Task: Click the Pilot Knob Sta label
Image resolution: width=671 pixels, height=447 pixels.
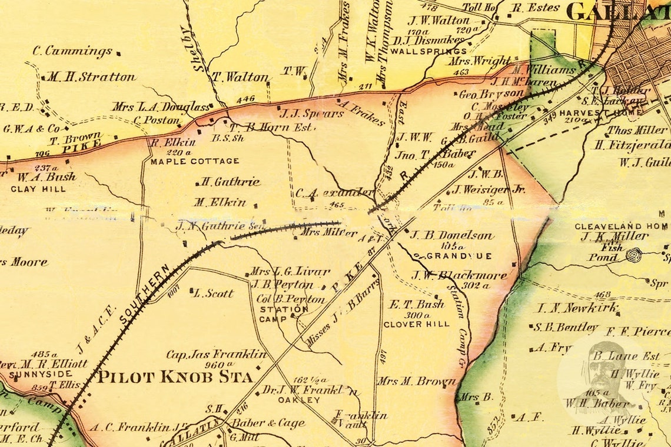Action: pyautogui.click(x=175, y=376)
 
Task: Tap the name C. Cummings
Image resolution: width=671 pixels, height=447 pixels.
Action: pyautogui.click(x=72, y=51)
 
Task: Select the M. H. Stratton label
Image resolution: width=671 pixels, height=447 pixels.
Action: pyautogui.click(x=91, y=77)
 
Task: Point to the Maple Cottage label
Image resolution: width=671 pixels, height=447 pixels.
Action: pyautogui.click(x=195, y=161)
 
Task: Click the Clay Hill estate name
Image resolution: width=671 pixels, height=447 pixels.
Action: pyautogui.click(x=38, y=189)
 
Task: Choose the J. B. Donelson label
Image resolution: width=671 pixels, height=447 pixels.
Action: pyautogui.click(x=451, y=235)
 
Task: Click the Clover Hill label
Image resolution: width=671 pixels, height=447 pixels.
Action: pyautogui.click(x=416, y=324)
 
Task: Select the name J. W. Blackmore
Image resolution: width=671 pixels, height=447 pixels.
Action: pyautogui.click(x=459, y=275)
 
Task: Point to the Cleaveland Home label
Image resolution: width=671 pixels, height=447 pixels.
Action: pyautogui.click(x=622, y=226)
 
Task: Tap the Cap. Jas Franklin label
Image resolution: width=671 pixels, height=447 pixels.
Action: pyautogui.click(x=216, y=355)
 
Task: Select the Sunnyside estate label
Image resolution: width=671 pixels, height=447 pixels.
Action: pyautogui.click(x=41, y=374)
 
